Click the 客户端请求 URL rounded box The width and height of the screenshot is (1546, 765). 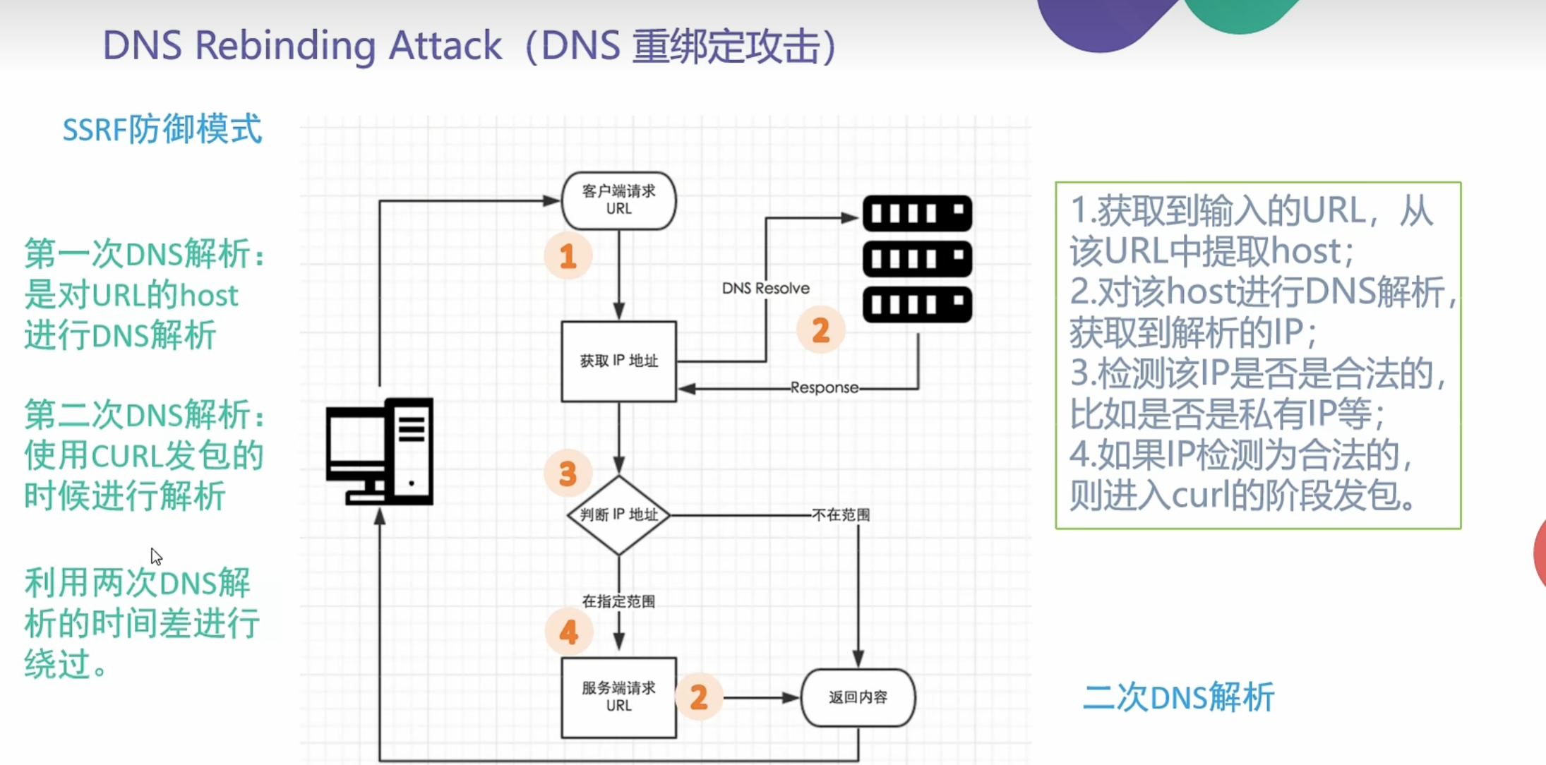pos(618,200)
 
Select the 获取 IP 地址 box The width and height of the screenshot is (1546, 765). pos(618,361)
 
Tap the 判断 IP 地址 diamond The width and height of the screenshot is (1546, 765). pos(618,515)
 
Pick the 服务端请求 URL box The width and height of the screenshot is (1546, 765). pos(618,697)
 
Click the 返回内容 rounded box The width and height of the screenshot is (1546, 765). pos(858,697)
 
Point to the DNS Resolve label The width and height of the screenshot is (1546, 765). pos(765,288)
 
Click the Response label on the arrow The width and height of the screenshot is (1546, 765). pos(824,387)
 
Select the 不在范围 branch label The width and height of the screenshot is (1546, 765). pos(841,515)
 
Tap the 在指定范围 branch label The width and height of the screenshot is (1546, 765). pos(618,601)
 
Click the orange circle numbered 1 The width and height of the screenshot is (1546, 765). pos(568,255)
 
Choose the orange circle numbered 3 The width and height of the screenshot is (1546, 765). pos(568,474)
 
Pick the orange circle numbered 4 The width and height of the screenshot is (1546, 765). pos(568,632)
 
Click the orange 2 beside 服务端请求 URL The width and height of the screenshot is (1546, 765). pos(699,697)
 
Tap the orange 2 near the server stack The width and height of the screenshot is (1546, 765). pos(820,330)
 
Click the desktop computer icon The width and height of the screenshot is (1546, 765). pos(380,452)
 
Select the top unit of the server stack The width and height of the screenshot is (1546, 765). pos(917,212)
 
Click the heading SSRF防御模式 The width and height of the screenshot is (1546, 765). pos(162,130)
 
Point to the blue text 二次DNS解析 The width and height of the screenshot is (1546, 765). pos(1178,697)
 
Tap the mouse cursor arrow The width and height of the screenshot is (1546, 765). pos(156,556)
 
